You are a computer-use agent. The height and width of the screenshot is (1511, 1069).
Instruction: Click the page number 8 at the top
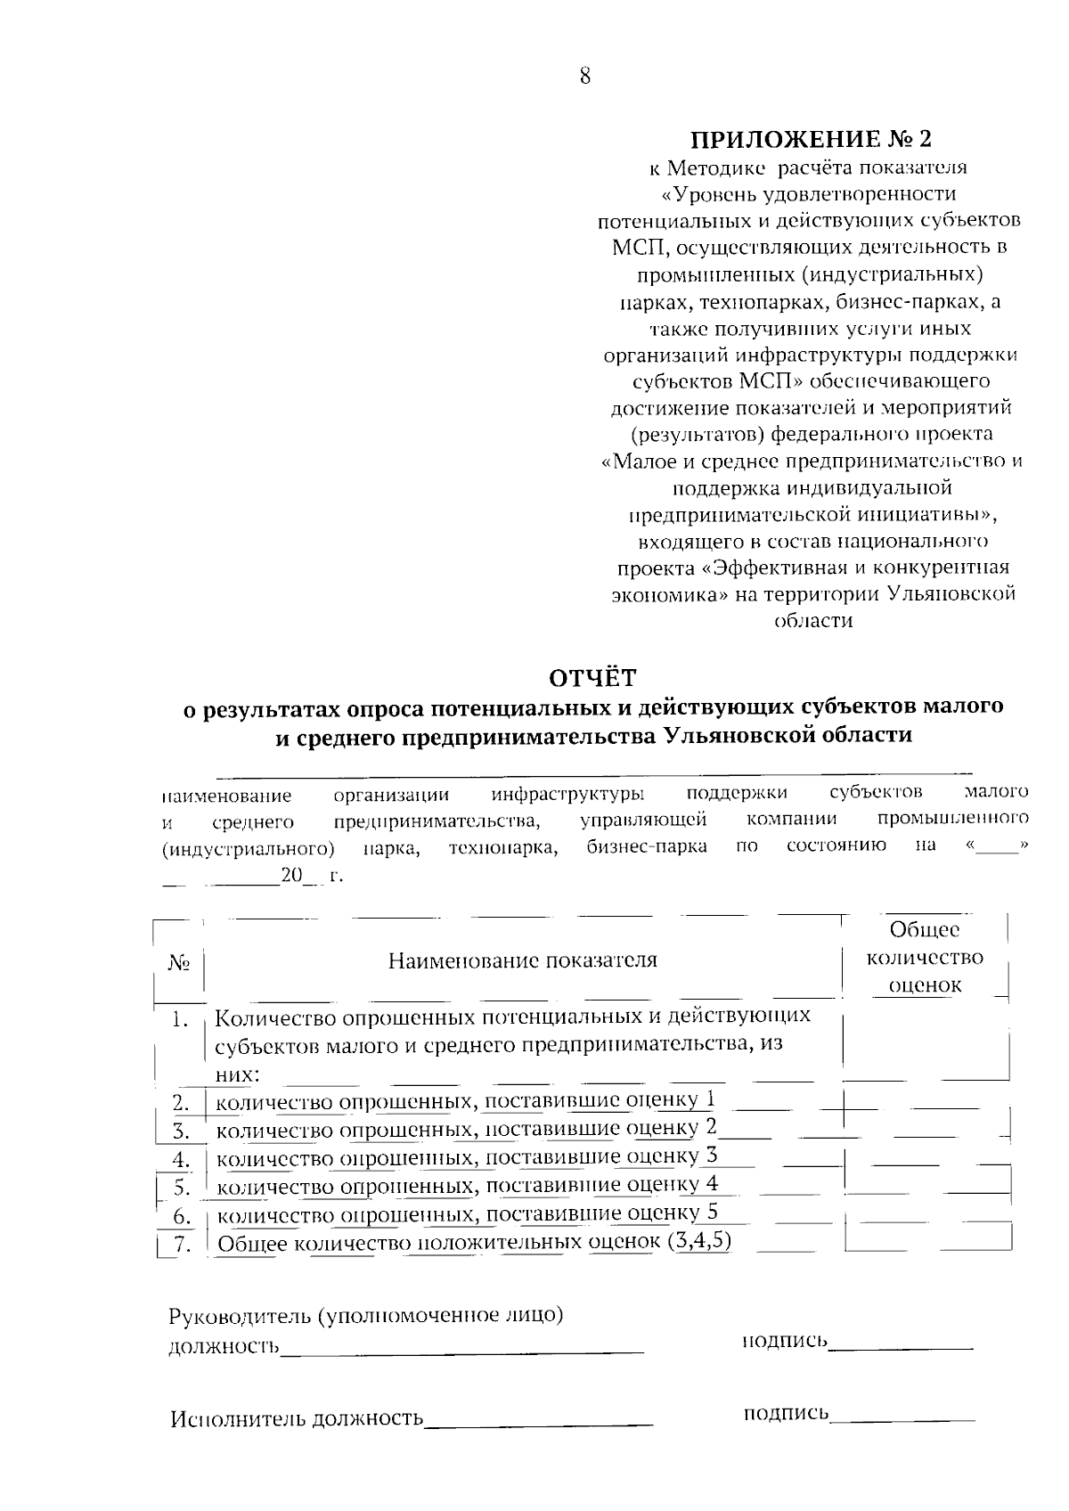(x=584, y=76)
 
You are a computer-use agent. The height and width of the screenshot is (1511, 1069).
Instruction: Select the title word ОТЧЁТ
(x=592, y=678)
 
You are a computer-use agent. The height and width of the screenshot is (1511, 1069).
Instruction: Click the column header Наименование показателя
(x=523, y=960)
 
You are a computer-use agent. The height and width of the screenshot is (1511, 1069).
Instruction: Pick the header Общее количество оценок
(x=926, y=958)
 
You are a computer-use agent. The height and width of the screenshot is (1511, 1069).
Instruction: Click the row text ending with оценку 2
(x=467, y=1130)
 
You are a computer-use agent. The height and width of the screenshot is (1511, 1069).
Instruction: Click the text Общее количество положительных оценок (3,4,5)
(x=475, y=1243)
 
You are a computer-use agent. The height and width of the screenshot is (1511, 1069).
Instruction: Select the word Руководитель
(x=239, y=1316)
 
